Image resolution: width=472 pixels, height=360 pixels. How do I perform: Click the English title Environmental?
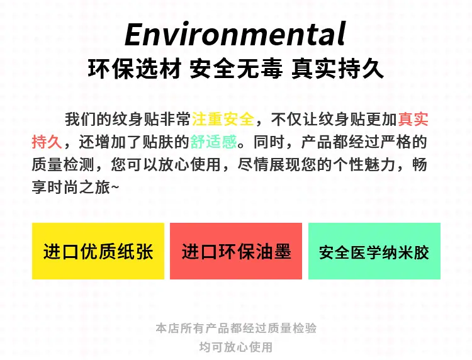pos(235,34)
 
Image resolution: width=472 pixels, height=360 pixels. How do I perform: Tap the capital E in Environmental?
pos(135,35)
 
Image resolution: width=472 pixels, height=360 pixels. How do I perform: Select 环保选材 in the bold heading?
pos(135,69)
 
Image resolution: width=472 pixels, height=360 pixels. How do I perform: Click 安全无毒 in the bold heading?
pos(236,69)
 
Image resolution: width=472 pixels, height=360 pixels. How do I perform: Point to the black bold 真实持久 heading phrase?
pos(337,69)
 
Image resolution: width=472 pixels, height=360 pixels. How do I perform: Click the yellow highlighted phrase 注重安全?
pos(223,119)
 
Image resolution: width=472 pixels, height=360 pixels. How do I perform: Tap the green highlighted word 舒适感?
pos(214,142)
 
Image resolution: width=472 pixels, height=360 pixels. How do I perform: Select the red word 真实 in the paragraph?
pos(413,119)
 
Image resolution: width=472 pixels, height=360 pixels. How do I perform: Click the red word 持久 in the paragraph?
pos(47,142)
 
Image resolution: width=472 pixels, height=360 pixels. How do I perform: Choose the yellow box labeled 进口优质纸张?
pos(98,251)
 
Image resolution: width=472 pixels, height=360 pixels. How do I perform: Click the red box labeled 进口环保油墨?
pos(236,251)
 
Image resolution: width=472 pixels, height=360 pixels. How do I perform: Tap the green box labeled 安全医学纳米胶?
pos(374,251)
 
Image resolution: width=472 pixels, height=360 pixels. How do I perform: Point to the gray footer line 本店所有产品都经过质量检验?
pos(236,328)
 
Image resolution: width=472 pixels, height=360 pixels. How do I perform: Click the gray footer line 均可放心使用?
pos(236,347)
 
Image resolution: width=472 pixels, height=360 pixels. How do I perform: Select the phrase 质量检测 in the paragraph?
pos(63,165)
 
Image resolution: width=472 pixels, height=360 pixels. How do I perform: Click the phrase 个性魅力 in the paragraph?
pos(364,165)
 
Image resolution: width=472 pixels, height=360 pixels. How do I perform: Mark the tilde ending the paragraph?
pos(115,188)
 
